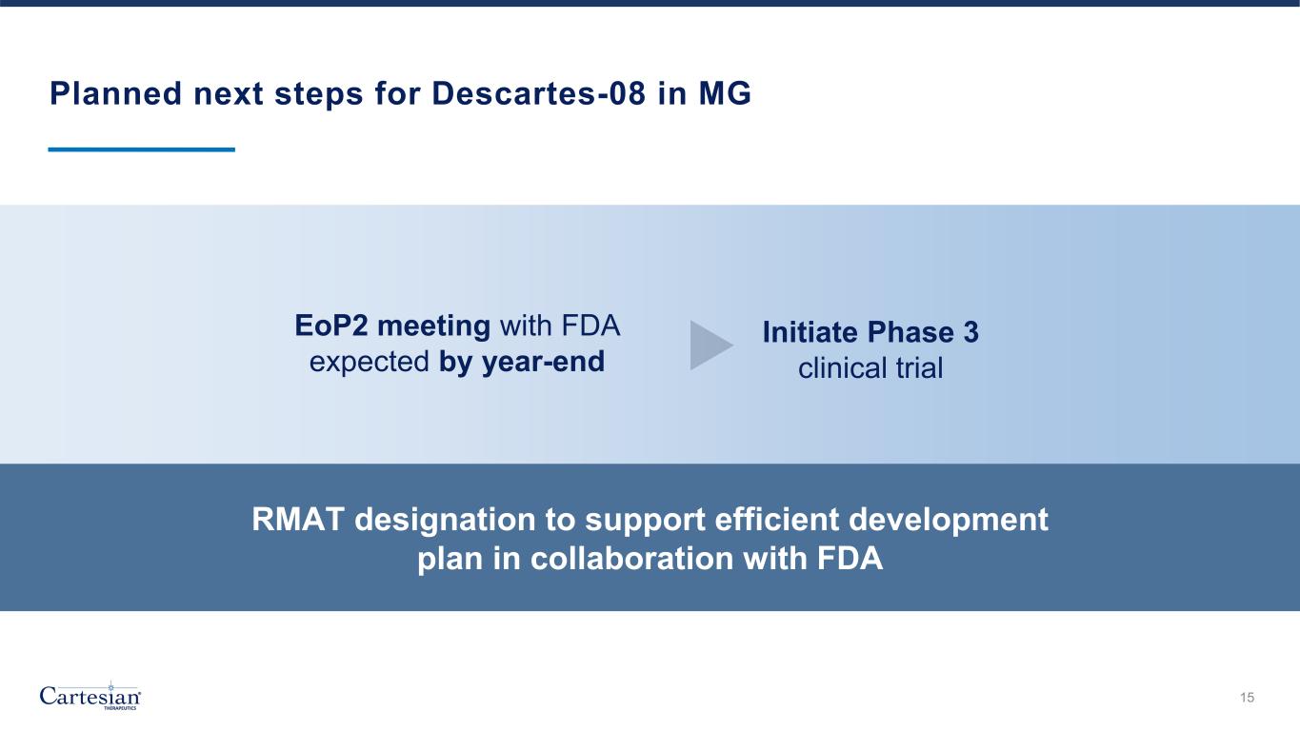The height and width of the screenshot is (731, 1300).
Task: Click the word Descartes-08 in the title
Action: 539,93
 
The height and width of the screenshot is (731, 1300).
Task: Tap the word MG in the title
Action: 725,93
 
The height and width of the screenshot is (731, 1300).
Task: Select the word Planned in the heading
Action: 116,93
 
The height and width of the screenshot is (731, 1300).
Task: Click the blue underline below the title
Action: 142,149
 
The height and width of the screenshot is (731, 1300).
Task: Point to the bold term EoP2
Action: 330,326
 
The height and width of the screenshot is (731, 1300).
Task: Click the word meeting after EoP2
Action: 433,326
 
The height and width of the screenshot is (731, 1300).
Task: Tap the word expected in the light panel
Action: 370,363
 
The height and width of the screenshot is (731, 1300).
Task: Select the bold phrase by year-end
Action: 522,363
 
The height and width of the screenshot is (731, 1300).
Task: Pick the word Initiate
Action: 810,332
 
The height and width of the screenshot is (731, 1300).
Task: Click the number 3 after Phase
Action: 970,332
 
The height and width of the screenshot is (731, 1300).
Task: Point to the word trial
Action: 919,368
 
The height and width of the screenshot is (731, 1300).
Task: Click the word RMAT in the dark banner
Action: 298,520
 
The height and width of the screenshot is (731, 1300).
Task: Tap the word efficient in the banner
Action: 777,520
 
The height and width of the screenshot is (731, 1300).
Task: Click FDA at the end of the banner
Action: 850,559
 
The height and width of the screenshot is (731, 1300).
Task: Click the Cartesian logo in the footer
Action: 90,696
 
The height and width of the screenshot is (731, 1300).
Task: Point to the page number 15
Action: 1248,698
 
